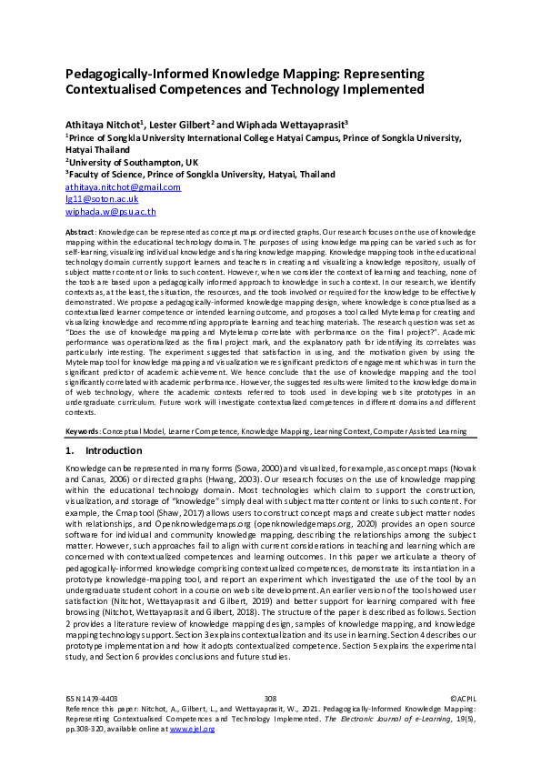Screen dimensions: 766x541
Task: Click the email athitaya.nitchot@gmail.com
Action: [123, 186]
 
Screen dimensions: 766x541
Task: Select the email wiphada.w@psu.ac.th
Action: [110, 211]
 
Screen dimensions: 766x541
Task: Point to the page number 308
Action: [269, 698]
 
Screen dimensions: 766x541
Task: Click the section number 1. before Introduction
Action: [70, 450]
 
